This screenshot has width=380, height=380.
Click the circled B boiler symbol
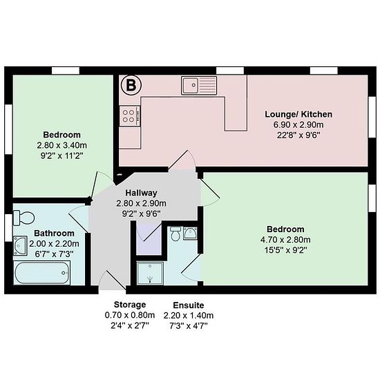[131, 85]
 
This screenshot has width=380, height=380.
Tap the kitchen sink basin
[190, 85]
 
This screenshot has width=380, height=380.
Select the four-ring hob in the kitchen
[130, 116]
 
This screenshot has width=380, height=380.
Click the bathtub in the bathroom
[42, 273]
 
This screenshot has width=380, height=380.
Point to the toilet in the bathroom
[23, 218]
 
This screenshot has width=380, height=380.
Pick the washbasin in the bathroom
[20, 245]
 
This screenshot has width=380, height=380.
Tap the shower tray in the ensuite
[150, 273]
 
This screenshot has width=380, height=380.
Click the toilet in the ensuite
[175, 234]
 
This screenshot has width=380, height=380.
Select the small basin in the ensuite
[190, 234]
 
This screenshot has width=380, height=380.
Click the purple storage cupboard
[149, 239]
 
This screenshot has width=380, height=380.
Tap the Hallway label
[141, 193]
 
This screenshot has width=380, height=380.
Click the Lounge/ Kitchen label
[298, 114]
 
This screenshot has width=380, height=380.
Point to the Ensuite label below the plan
[189, 305]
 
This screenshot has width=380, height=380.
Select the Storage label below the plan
[130, 305]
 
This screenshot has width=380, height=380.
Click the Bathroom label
[54, 233]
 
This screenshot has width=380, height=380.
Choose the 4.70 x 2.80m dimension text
[285, 240]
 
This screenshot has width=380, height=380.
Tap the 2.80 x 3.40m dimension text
[61, 145]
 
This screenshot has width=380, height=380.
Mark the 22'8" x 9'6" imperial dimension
[298, 135]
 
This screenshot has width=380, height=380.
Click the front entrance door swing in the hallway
[112, 280]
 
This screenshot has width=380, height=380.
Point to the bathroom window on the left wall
[8, 227]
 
